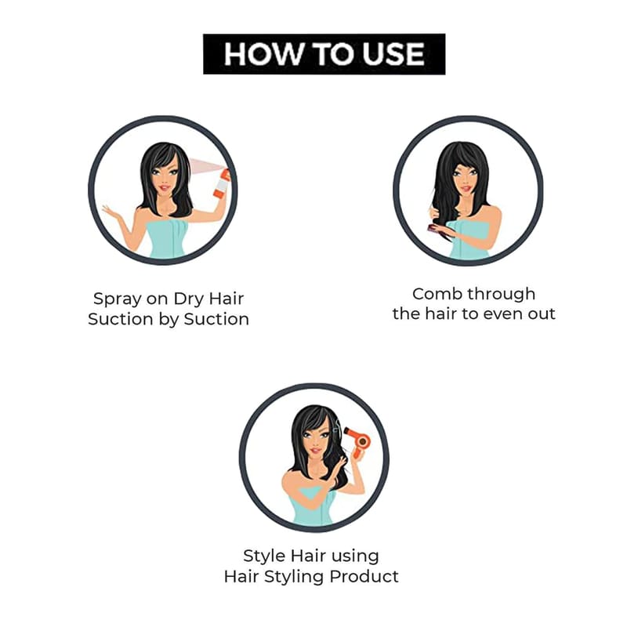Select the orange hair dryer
coord(357,441)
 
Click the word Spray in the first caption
coord(117,299)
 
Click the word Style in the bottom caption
coord(264,556)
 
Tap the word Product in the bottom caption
coord(364,577)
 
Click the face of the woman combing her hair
coord(466,179)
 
